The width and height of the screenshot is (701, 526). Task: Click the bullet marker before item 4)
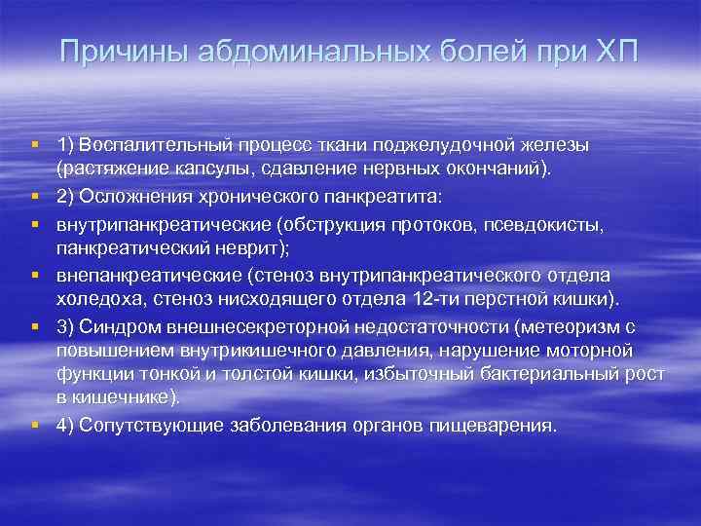[x=35, y=426]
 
